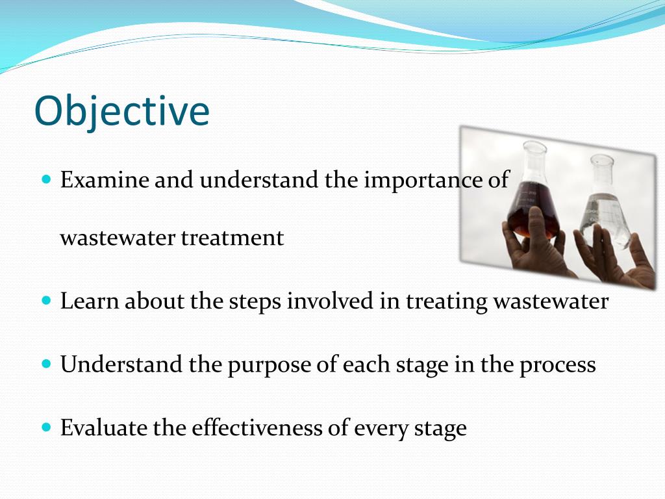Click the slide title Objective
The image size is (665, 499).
point(121,111)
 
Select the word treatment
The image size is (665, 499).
point(232,238)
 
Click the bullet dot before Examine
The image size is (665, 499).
point(47,179)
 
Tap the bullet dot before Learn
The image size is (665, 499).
point(47,301)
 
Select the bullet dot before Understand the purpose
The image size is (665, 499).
point(47,364)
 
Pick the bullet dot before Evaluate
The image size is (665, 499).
point(47,426)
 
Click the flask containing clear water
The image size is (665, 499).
point(605,203)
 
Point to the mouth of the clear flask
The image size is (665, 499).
point(602,160)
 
